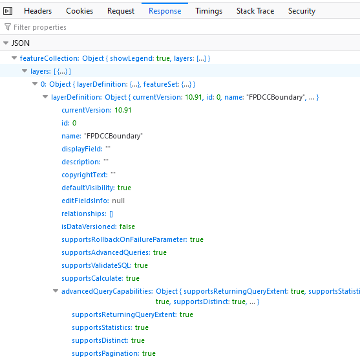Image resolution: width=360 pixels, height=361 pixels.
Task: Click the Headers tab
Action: coord(37,11)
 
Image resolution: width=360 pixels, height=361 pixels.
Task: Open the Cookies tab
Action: coord(79,11)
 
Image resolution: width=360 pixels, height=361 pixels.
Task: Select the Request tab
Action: coord(121,11)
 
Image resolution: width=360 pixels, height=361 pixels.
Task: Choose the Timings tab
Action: coord(209,11)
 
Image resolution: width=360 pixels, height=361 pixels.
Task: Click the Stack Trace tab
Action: coord(255,11)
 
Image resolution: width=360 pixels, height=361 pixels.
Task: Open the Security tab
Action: coord(302,11)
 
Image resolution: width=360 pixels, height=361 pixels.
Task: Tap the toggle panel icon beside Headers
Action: coord(8,11)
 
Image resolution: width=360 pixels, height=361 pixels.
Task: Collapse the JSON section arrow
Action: coord(6,43)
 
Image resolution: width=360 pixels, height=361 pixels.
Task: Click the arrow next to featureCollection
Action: coord(14,58)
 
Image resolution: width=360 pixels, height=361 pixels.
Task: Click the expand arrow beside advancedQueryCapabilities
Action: coord(56,291)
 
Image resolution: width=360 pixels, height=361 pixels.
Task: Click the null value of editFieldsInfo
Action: coord(118,201)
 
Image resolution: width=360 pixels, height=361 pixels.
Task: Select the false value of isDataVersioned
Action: coord(127,226)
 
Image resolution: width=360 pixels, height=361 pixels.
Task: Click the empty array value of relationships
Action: coord(111,214)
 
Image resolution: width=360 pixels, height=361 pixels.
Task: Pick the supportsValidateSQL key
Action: coord(96,265)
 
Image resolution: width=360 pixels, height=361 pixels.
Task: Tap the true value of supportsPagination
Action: coord(149,353)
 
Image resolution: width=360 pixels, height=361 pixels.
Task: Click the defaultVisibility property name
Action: coord(88,188)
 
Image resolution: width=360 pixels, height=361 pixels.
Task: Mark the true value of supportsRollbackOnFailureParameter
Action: coord(196,239)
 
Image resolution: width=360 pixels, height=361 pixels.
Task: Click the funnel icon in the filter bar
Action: coord(8,27)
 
